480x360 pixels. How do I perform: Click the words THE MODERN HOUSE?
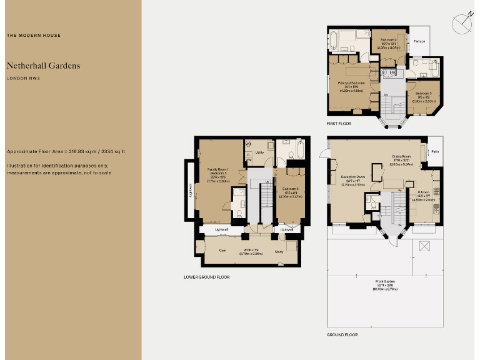click(x=34, y=36)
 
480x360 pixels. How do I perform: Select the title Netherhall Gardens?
click(x=43, y=66)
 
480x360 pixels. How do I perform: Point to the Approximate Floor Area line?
click(x=66, y=152)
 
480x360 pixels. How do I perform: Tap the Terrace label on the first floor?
click(x=419, y=42)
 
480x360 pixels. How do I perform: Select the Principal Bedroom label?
click(x=351, y=83)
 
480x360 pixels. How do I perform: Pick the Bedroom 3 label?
click(x=419, y=93)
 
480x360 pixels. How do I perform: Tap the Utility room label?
click(x=260, y=152)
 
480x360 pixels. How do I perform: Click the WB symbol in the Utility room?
click(x=248, y=144)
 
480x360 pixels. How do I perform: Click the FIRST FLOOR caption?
click(x=339, y=124)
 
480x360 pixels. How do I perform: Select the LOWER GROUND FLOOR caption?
click(x=207, y=276)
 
